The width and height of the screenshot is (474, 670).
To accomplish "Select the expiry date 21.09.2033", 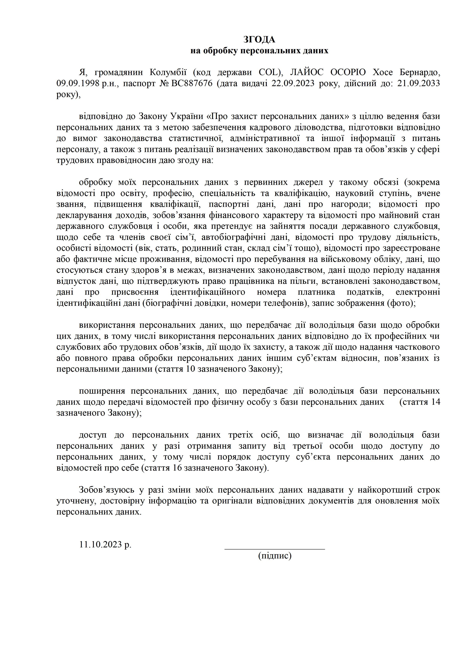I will tap(419, 83).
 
